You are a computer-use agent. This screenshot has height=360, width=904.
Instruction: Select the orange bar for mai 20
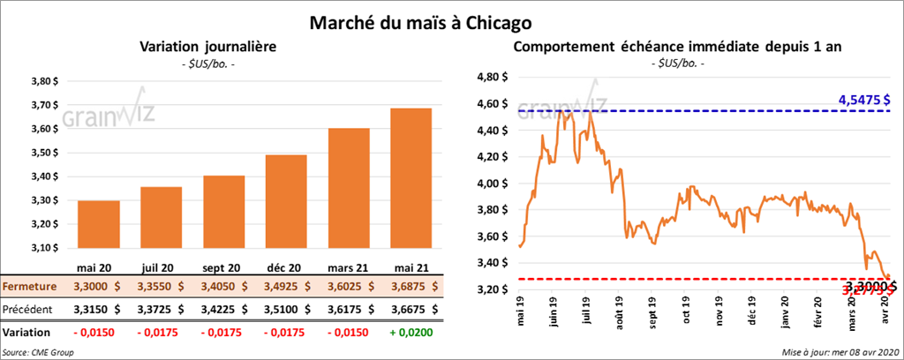click(x=99, y=226)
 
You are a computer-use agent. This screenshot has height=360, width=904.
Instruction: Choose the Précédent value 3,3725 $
click(x=161, y=310)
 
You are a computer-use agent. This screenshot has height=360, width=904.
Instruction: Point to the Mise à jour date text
click(x=840, y=352)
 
